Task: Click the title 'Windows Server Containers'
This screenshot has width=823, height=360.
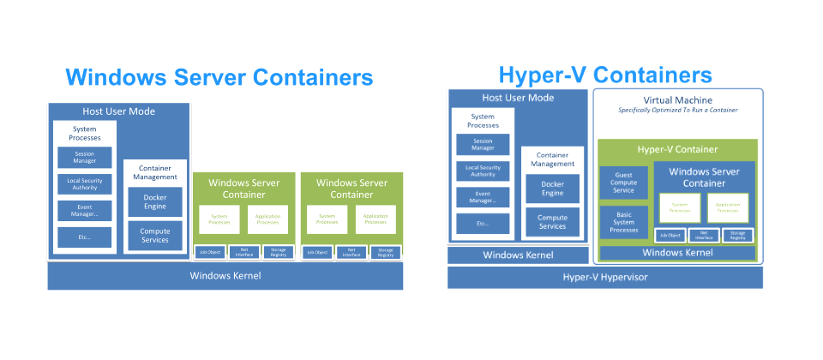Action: pos(219,77)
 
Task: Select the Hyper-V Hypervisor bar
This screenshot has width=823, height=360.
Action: pos(604,277)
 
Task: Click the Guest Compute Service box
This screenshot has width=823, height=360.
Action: pos(623,183)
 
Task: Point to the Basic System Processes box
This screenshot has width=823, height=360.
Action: pos(623,224)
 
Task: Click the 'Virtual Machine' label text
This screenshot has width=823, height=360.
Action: pos(677,99)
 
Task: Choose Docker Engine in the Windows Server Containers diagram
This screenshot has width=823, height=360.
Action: pos(154,202)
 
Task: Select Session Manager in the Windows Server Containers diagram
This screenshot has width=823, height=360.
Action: pos(84,158)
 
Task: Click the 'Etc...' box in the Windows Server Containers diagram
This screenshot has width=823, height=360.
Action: pos(84,236)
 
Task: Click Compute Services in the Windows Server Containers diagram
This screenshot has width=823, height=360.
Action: pos(154,235)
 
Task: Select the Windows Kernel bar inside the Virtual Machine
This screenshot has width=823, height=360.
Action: pos(677,253)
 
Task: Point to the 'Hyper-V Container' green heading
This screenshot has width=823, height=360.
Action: pos(677,149)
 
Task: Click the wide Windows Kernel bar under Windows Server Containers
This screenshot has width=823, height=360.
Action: pos(225,275)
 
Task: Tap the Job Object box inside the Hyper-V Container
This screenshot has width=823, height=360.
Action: pos(669,235)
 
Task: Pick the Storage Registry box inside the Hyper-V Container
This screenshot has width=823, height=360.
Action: pos(736,235)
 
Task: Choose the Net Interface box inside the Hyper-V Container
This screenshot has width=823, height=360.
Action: pos(703,235)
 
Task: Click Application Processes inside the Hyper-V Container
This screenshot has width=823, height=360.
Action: pos(727,207)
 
